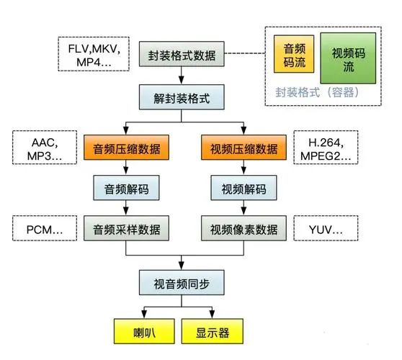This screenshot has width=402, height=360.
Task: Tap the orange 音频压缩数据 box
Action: (127, 150)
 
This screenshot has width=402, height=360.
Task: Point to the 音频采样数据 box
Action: (127, 230)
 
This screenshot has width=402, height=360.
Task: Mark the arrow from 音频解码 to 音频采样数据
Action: (127, 208)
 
